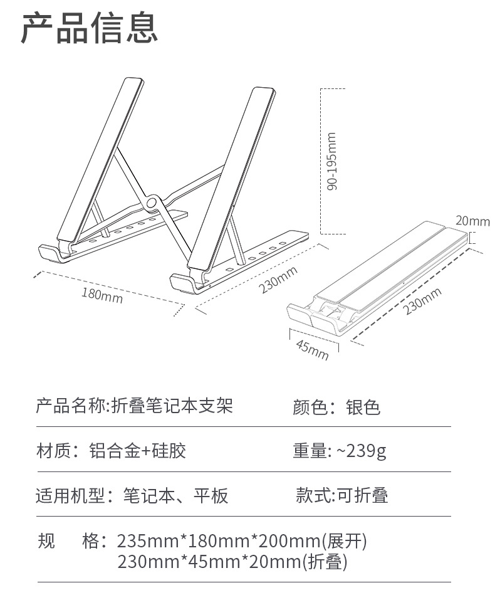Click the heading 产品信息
click(x=90, y=28)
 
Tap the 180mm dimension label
click(x=102, y=295)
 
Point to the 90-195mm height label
click(x=331, y=161)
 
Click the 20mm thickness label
click(x=473, y=221)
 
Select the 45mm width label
click(x=312, y=349)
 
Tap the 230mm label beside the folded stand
click(x=422, y=301)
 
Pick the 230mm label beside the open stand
click(x=278, y=280)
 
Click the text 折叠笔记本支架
click(x=172, y=406)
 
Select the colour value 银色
click(x=363, y=408)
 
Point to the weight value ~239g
click(x=362, y=451)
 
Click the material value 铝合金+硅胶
click(x=138, y=451)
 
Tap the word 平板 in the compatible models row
click(x=211, y=496)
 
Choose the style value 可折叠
click(x=362, y=495)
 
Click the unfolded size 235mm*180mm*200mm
click(x=219, y=541)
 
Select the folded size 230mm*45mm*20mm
click(x=209, y=562)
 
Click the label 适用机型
click(x=70, y=496)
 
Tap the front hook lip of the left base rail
click(x=49, y=253)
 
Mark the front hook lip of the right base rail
click(x=182, y=283)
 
